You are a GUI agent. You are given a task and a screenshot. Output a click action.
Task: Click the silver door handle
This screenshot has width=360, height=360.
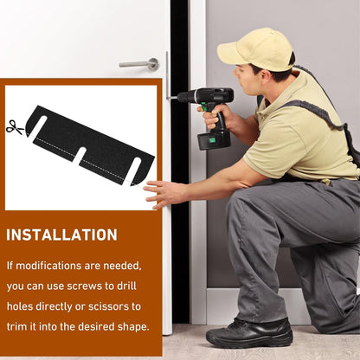coord(140,64)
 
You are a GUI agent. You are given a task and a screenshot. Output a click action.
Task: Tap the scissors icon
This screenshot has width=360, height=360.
coord(15,127)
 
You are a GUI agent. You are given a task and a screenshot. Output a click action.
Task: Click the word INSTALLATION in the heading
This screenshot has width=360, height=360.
coord(61,235)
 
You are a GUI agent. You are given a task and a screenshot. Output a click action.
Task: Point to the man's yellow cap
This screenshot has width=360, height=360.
coord(256,49)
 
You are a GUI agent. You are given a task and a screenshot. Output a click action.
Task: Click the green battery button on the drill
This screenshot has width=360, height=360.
coord(212,140)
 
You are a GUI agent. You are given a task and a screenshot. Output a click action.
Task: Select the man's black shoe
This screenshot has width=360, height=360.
coord(250,332)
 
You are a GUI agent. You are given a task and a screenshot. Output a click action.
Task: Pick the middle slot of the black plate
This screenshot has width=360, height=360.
coord(80,156)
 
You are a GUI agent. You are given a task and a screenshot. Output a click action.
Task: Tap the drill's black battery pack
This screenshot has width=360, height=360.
coord(214,139)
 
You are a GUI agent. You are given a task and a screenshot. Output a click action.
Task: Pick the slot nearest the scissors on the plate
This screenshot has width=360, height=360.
coord(38,126)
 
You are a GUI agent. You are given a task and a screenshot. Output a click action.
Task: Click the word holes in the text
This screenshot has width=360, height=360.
coord(20,306)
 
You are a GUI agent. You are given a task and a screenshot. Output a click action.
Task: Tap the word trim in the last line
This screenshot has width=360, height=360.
coord(17,327)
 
